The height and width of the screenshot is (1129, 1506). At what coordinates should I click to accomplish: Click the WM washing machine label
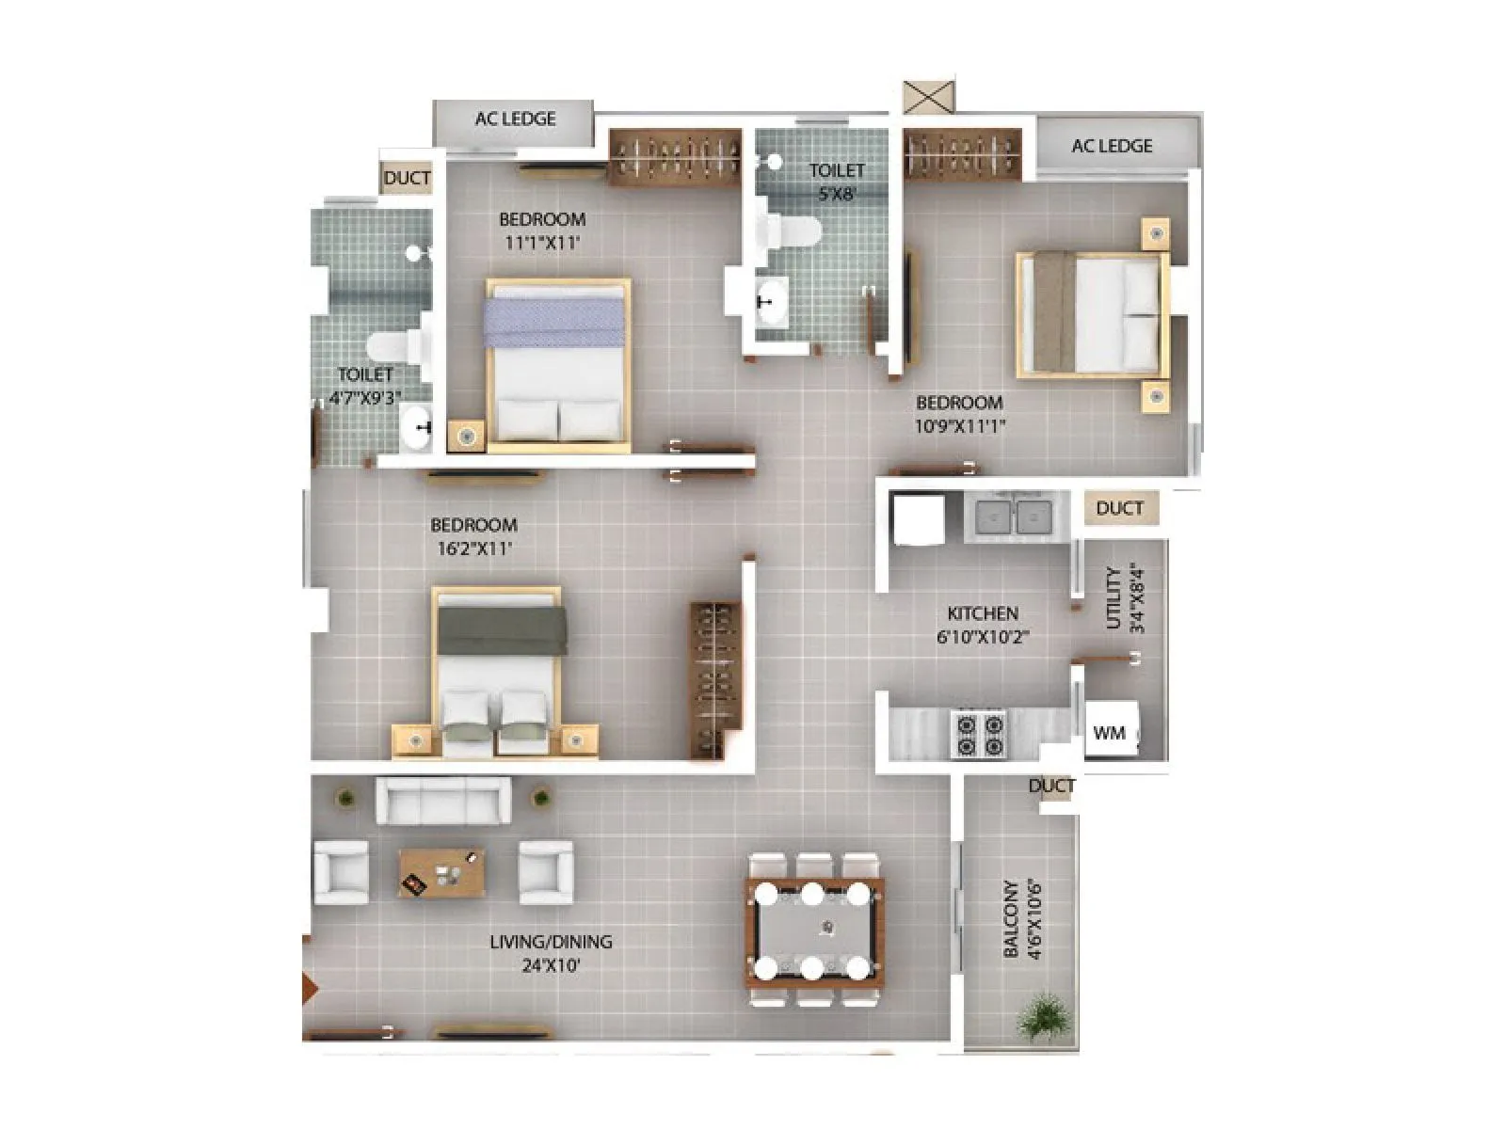(x=1110, y=733)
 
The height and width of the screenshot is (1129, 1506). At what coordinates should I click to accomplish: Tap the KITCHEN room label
(x=982, y=613)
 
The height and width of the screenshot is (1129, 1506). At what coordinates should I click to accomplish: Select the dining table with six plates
(x=815, y=930)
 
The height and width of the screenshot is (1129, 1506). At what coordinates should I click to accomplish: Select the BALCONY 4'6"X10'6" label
(x=1022, y=919)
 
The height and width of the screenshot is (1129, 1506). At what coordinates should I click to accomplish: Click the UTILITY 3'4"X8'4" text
(x=1124, y=598)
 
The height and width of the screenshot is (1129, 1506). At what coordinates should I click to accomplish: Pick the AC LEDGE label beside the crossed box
(x=1112, y=146)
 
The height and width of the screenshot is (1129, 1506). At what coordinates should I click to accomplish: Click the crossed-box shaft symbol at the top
(x=928, y=97)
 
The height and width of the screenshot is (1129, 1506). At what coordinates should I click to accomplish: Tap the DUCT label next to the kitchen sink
(x=1119, y=508)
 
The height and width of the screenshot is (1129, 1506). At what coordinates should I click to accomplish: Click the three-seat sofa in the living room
(x=443, y=802)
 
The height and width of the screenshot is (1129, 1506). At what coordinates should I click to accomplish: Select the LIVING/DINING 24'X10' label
(x=551, y=952)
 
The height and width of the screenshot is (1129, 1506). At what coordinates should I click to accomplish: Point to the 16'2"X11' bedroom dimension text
(x=474, y=548)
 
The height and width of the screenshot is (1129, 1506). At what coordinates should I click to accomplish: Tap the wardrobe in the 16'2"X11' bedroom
(x=716, y=678)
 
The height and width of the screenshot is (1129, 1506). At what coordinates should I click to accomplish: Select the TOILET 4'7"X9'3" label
(x=365, y=386)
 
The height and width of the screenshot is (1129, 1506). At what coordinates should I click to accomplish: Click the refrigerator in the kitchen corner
(x=918, y=519)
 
